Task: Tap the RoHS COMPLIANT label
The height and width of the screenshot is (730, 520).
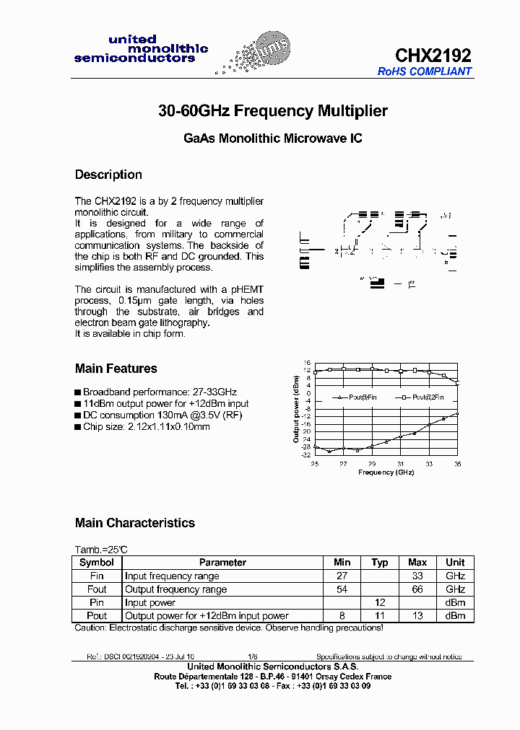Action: (425, 71)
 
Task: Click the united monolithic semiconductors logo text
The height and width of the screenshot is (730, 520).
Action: (141, 48)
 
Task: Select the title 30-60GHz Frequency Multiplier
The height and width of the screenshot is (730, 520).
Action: (272, 111)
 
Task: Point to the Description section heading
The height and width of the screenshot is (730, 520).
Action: (108, 175)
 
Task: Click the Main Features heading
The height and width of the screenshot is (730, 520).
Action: (116, 369)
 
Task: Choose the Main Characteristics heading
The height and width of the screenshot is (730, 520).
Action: (134, 523)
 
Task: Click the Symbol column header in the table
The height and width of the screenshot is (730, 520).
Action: (97, 563)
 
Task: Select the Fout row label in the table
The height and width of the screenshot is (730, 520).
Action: (97, 589)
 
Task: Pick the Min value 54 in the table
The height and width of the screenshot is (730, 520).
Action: (342, 589)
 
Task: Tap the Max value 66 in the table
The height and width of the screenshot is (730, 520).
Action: (417, 589)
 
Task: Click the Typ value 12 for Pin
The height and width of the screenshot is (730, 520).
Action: (380, 602)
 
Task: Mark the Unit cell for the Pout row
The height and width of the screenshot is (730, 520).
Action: (455, 616)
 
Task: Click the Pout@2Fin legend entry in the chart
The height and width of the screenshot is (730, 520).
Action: (422, 397)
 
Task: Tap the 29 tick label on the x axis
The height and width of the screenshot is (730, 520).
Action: (371, 464)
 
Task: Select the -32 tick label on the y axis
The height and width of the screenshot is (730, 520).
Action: (306, 455)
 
